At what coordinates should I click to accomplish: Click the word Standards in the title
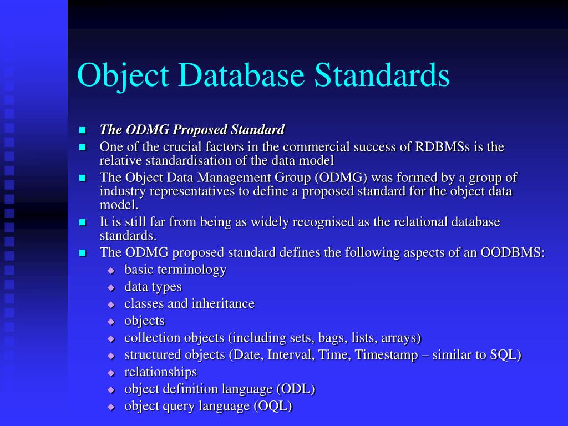coord(382,75)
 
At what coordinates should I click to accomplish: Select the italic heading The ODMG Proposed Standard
coord(192,130)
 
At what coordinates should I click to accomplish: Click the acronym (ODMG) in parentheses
coord(341,177)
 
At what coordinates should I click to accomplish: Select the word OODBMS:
coord(513,252)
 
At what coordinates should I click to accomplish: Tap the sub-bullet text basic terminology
coord(175,270)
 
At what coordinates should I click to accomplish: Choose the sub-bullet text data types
coord(153,287)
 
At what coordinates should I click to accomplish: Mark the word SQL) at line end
coord(506,355)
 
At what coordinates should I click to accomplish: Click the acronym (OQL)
coord(273,407)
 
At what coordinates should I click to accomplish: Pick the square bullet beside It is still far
coord(83,222)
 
